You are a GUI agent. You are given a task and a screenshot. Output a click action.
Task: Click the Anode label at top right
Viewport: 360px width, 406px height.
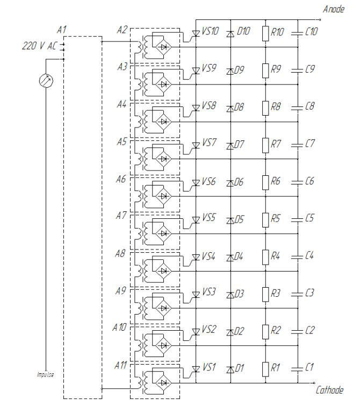pos(334,9)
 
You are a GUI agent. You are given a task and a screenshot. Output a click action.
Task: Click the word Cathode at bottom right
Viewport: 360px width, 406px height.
pos(329,390)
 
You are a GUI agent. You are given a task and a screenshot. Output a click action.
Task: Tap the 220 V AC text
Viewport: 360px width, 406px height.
pos(39,46)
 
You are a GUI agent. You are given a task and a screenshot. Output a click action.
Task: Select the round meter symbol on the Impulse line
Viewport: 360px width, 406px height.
pos(46,81)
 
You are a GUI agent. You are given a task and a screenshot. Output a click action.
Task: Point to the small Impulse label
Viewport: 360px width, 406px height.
pos(46,374)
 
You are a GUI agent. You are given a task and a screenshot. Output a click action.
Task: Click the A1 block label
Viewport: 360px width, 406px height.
pos(62,30)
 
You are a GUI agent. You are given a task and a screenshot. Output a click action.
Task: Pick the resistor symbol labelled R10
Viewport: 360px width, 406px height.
pos(265,33)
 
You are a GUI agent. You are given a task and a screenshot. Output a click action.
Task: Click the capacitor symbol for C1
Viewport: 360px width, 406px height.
pos(297,369)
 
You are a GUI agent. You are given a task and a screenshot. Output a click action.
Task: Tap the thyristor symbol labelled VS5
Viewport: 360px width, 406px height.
pos(196,220)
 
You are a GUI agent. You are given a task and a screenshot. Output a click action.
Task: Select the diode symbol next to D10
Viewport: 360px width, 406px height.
pos(231,34)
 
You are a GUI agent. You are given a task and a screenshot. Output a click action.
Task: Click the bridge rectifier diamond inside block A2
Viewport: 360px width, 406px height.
pos(163,47)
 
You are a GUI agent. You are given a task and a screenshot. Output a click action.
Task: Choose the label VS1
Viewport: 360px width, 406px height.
pos(209,367)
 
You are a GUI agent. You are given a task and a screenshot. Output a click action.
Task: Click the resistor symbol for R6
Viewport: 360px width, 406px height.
pos(265,182)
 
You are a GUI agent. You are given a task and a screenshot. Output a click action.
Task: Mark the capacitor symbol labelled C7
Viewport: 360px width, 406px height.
pos(297,145)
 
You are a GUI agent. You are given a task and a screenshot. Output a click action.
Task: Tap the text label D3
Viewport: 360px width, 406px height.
pos(239,294)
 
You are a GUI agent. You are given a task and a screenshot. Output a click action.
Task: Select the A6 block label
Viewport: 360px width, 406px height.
pos(121,179)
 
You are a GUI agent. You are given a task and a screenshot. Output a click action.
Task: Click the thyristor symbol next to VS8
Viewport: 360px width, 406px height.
pos(196,108)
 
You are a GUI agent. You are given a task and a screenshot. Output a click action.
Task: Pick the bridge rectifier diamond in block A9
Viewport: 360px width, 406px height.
pos(163,308)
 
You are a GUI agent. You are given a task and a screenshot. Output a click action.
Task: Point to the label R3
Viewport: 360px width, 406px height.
pos(275,293)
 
